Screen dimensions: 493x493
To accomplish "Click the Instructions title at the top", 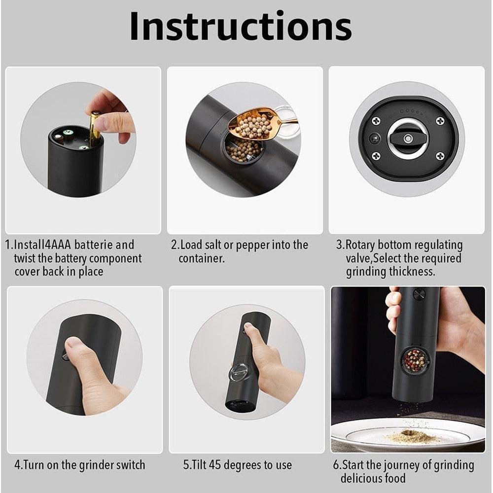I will click(x=241, y=27).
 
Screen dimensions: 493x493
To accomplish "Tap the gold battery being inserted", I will click(x=94, y=127).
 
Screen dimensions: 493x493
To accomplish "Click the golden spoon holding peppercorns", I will click(x=256, y=124).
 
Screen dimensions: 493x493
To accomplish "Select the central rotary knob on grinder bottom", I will click(x=407, y=139).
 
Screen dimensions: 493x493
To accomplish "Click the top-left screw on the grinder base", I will click(x=376, y=120).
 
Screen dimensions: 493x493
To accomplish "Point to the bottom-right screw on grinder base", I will click(x=440, y=156).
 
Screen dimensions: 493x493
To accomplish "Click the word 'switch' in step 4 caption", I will click(x=129, y=464).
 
